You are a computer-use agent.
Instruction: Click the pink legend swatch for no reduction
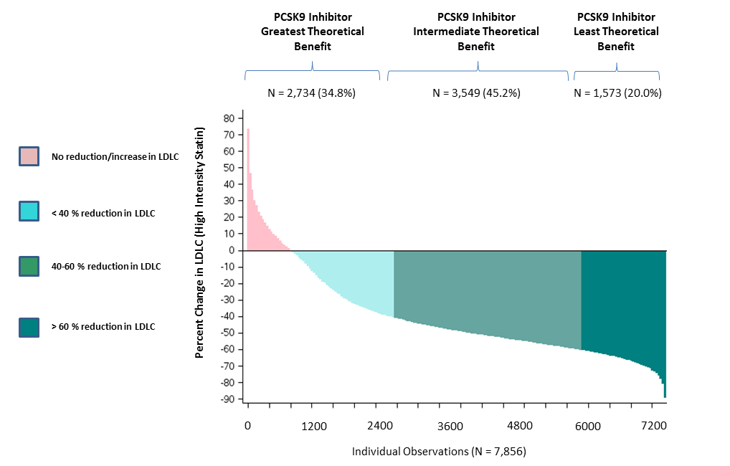(x=28, y=156)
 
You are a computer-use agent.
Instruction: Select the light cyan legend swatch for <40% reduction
(x=28, y=211)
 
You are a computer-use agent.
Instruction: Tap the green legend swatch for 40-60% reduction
(x=28, y=266)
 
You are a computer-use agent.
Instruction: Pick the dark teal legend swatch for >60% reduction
(x=28, y=326)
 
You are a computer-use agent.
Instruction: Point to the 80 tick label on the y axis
(x=229, y=118)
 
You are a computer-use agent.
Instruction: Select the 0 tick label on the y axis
(x=232, y=250)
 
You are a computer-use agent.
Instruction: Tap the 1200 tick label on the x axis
(x=314, y=427)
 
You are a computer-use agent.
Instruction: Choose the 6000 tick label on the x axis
(x=587, y=427)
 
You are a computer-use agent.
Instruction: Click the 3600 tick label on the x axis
(x=450, y=427)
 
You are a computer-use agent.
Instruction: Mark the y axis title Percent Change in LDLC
(x=200, y=244)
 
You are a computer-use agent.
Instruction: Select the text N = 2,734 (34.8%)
(x=312, y=93)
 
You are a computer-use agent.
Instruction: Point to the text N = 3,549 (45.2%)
(x=476, y=93)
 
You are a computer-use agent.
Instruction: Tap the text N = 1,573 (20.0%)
(x=617, y=93)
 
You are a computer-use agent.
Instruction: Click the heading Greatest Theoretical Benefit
(x=312, y=32)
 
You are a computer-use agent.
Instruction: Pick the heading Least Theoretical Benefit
(x=617, y=32)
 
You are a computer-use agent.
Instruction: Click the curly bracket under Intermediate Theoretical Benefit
(x=478, y=69)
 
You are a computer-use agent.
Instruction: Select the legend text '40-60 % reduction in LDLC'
(x=105, y=267)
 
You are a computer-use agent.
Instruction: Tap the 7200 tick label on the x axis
(x=653, y=427)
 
